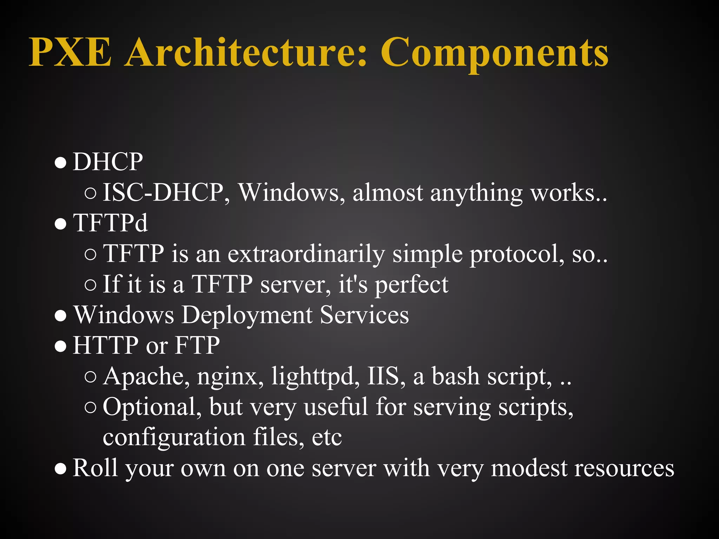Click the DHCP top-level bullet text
tap(108, 162)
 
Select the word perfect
tap(411, 284)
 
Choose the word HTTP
tap(105, 345)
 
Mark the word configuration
tap(174, 438)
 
